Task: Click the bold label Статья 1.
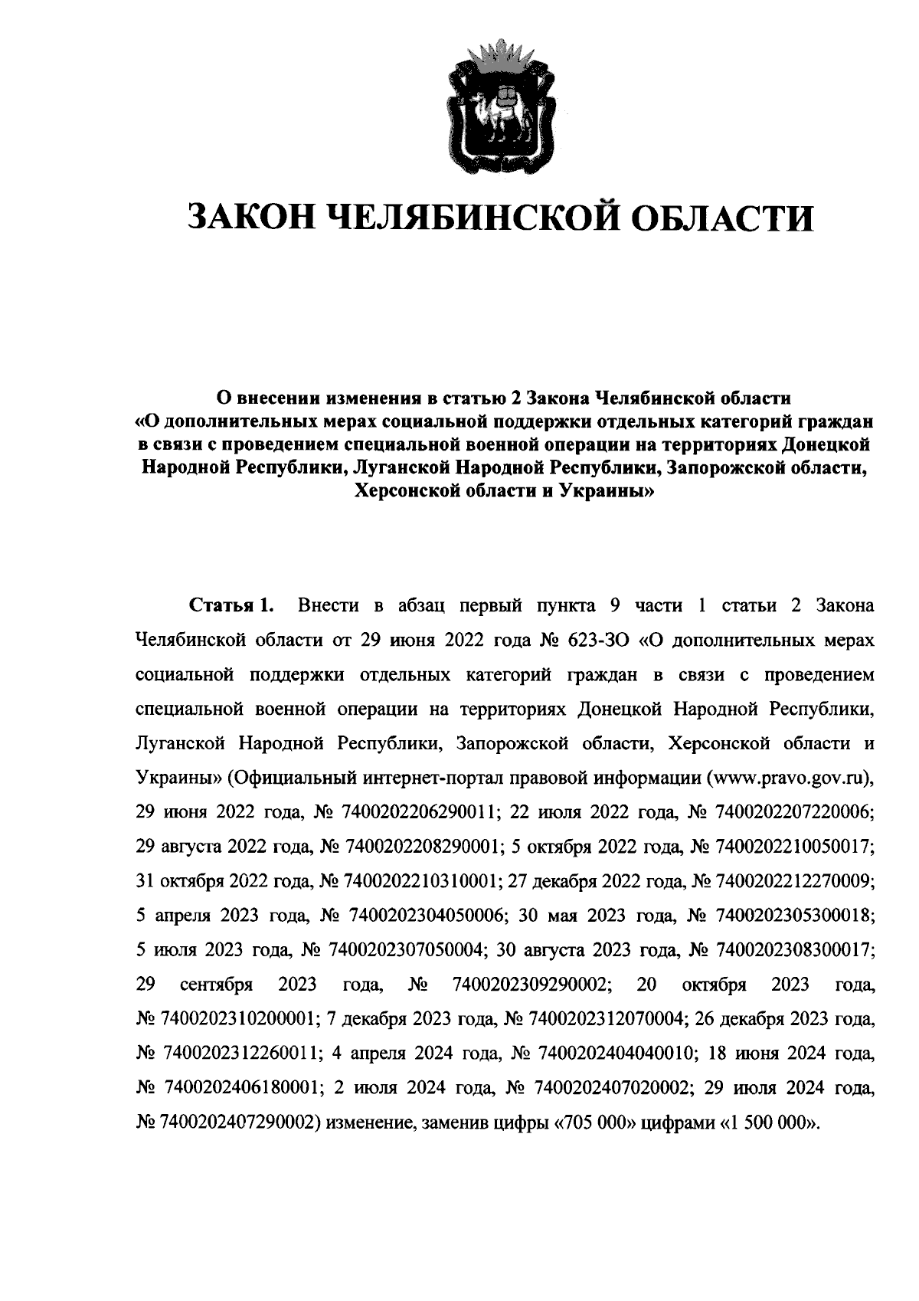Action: pos(231,605)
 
